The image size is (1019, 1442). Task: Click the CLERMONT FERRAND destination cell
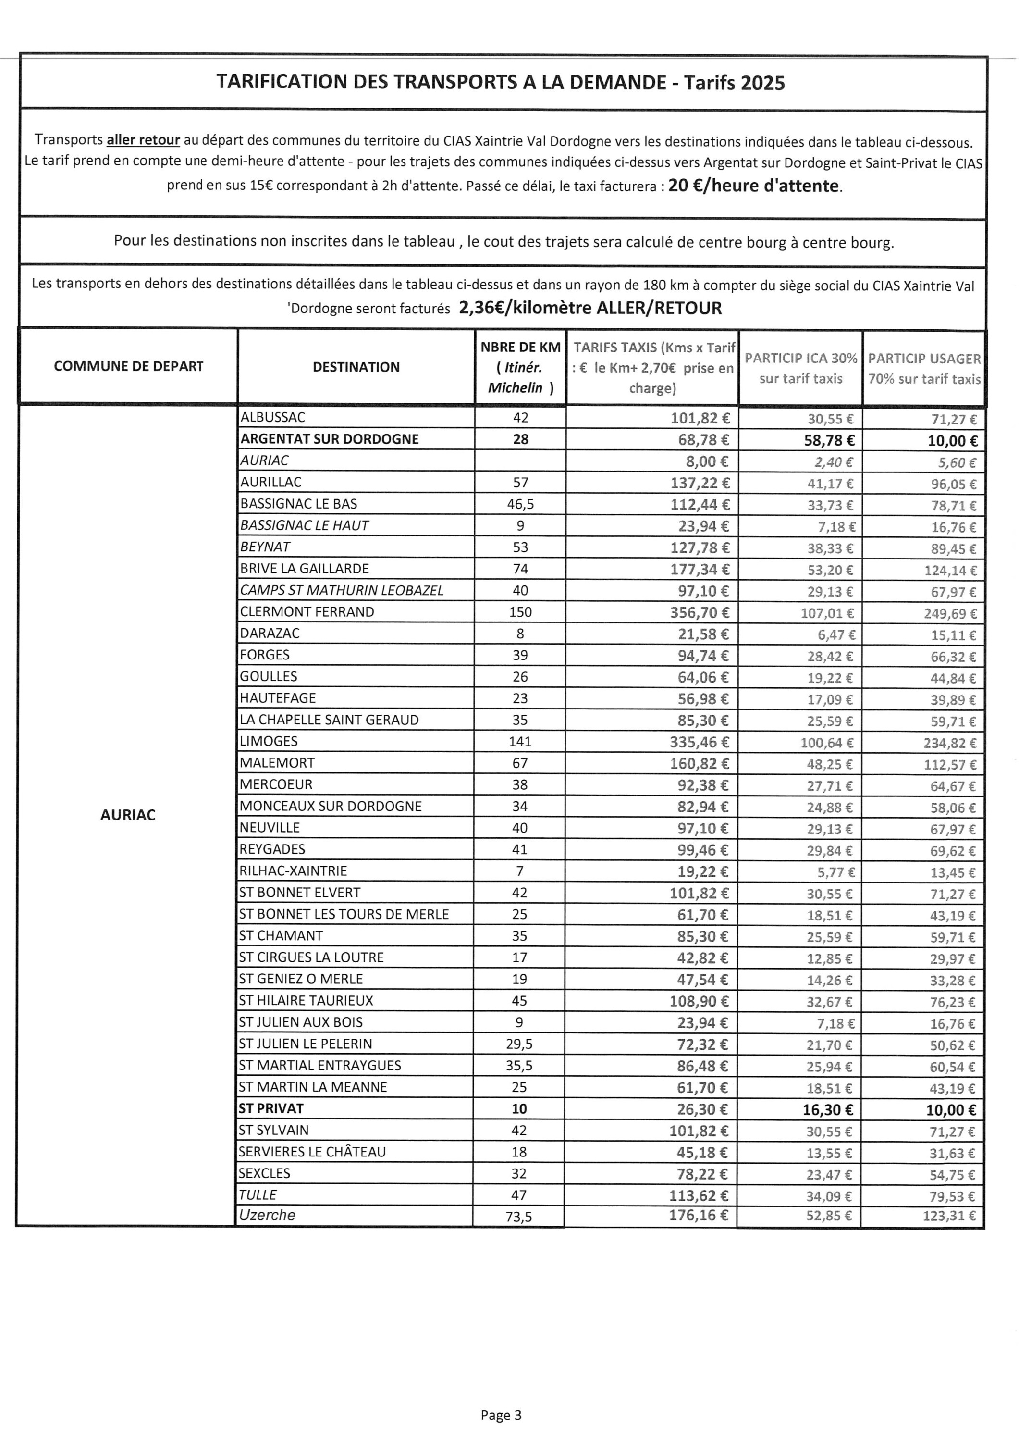[307, 612]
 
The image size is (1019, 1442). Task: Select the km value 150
[520, 612]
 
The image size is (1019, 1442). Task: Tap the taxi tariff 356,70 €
[700, 612]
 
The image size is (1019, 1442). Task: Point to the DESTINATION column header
[356, 367]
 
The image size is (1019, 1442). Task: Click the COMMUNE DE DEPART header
[129, 367]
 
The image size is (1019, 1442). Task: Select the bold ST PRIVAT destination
[271, 1108]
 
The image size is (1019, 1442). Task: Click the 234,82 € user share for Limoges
[949, 743]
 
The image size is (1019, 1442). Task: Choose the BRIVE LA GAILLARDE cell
[305, 568]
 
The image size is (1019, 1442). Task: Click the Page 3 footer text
[501, 1415]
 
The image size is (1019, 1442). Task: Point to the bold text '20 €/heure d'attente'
[753, 186]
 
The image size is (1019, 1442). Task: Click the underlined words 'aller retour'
[143, 140]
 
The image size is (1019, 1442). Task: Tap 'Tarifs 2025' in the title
[734, 83]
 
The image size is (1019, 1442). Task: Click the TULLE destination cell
[258, 1194]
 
